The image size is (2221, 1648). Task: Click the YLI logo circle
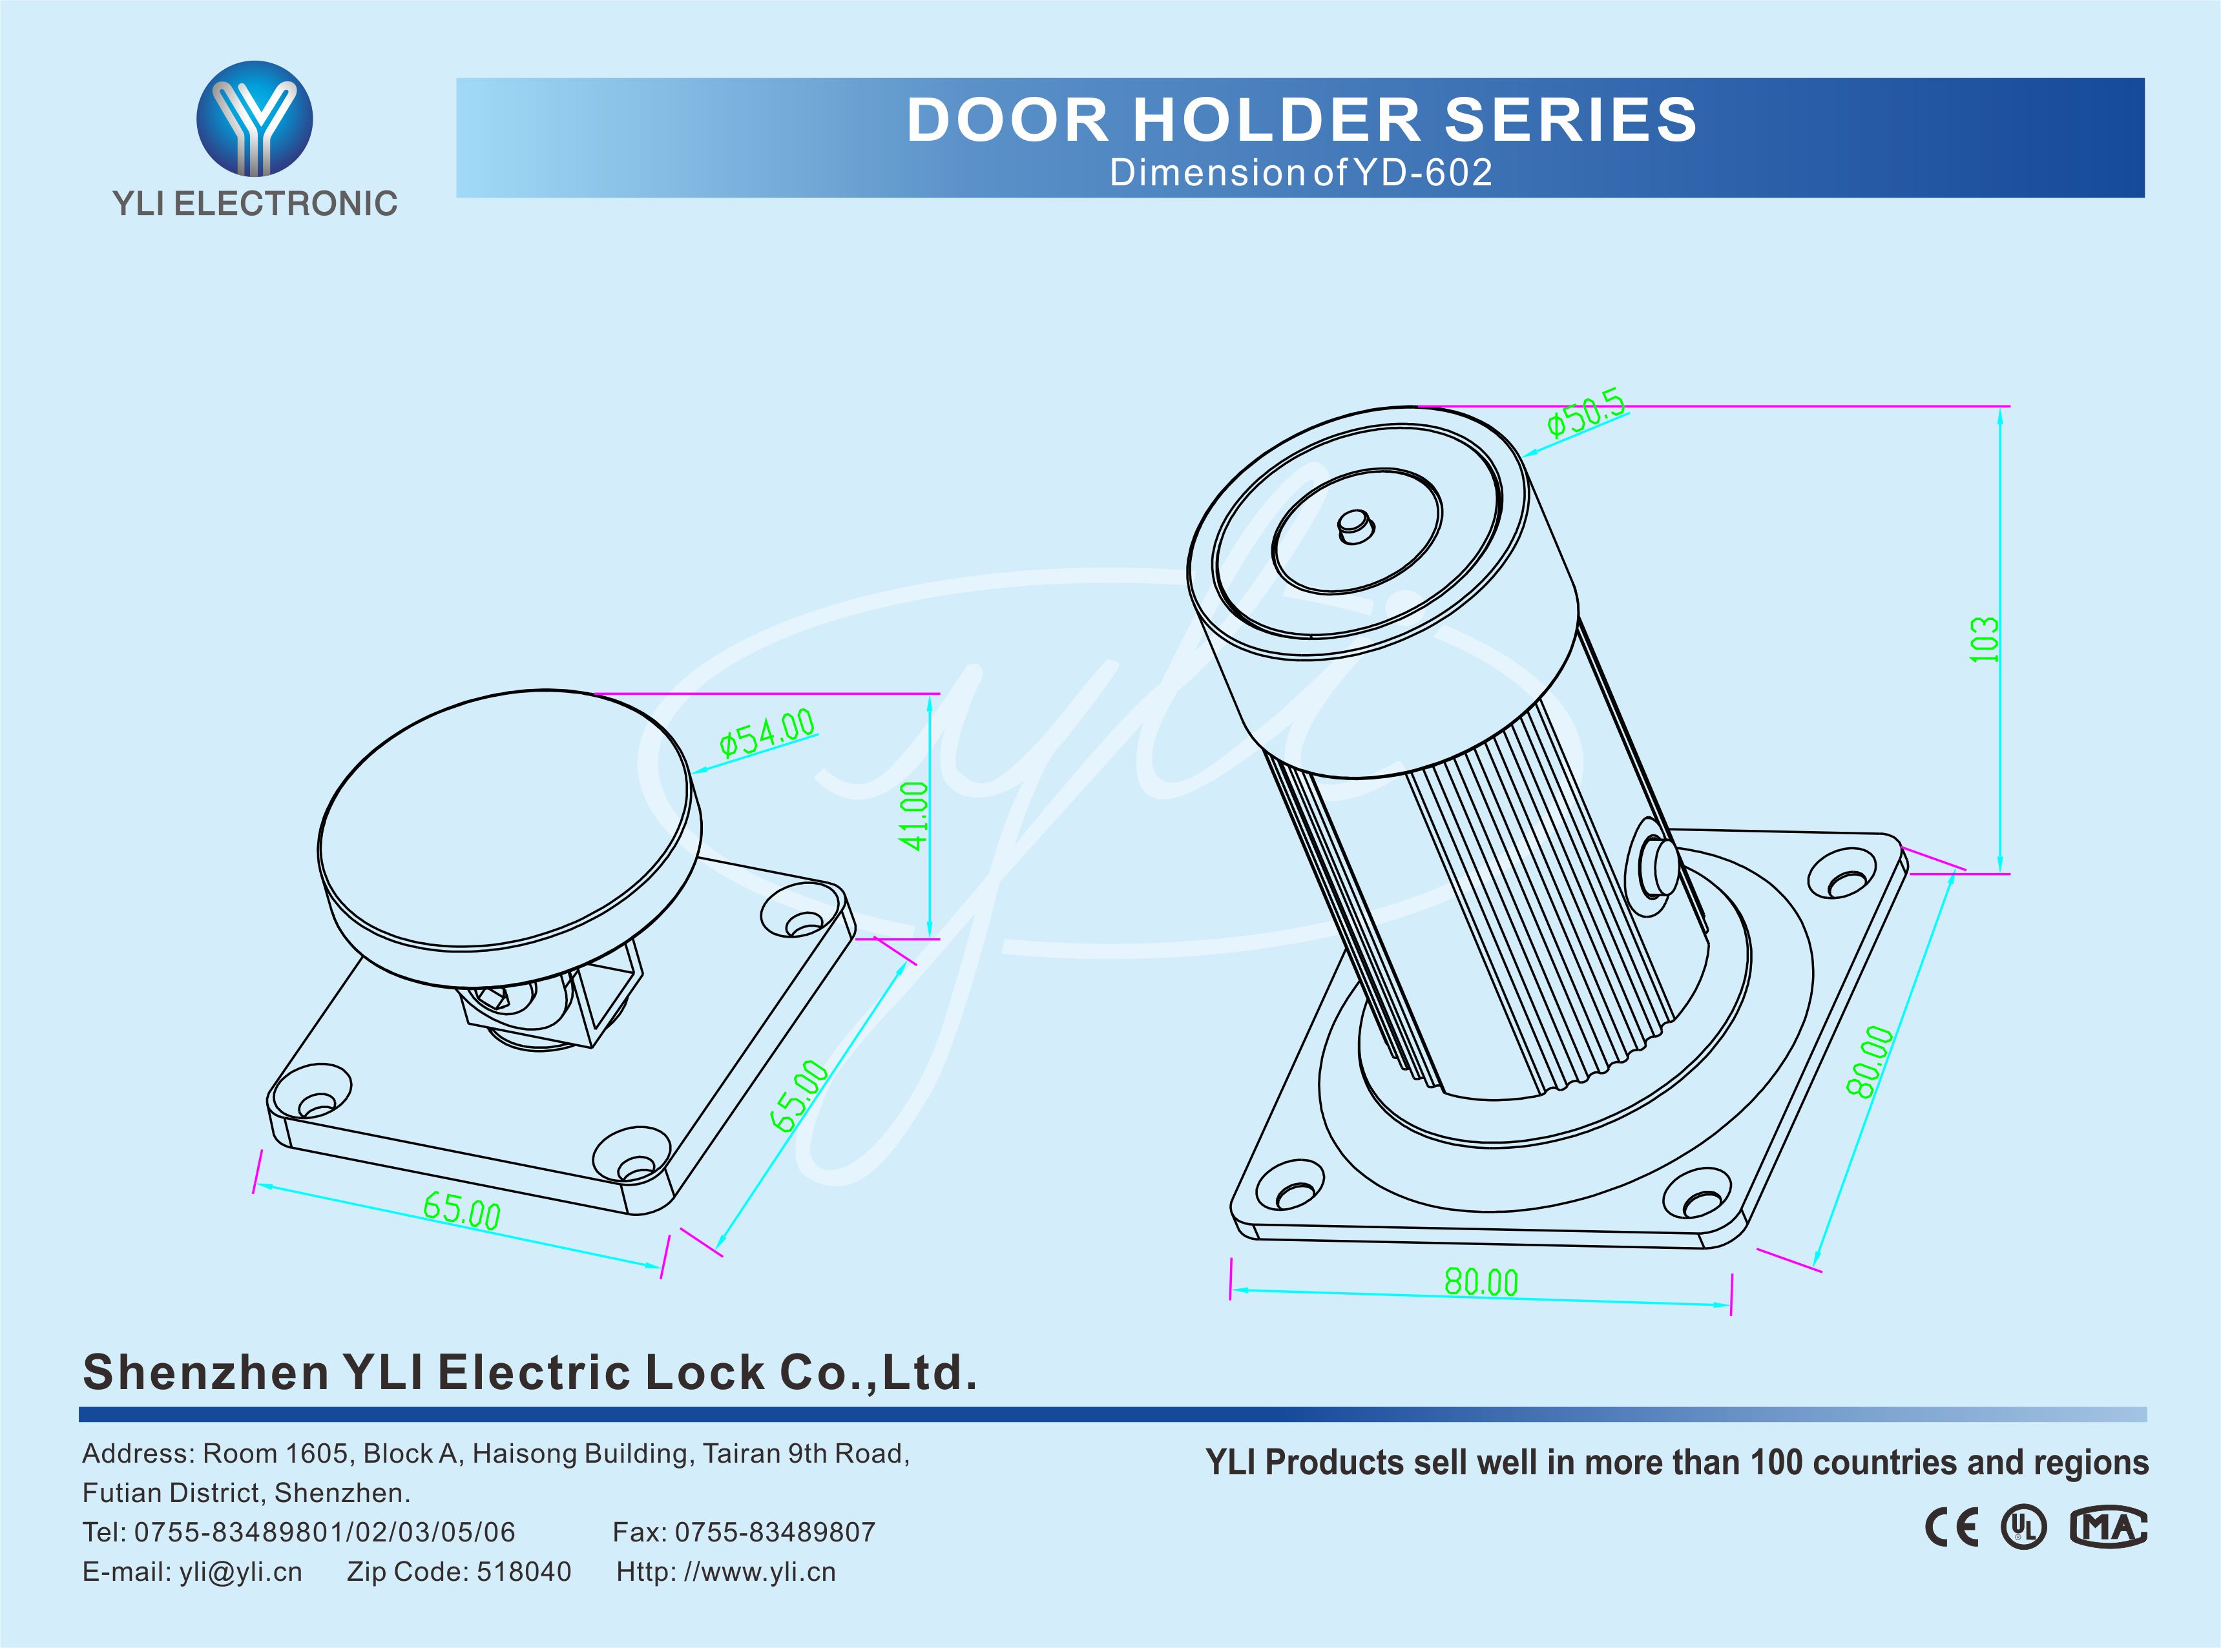(x=255, y=119)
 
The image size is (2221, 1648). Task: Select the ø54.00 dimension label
(x=766, y=732)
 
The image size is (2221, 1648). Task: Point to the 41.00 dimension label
(x=914, y=816)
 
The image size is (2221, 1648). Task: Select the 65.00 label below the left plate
(x=462, y=1212)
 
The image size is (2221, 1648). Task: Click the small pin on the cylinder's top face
(x=1355, y=525)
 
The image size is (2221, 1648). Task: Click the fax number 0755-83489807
(x=775, y=1532)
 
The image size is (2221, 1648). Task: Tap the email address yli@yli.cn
(x=240, y=1572)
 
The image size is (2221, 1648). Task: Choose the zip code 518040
(x=524, y=1572)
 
